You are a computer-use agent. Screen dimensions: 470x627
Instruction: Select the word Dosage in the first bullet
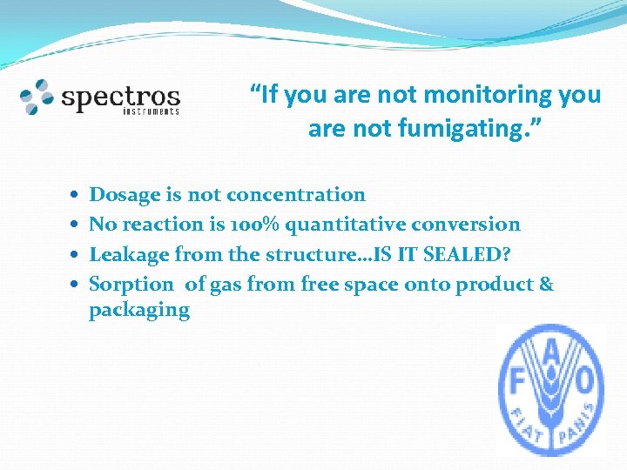coord(125,195)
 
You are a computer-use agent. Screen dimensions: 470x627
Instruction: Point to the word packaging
coord(139,311)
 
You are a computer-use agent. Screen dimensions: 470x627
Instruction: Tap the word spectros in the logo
coord(120,97)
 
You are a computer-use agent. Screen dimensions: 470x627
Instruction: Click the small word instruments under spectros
coord(151,111)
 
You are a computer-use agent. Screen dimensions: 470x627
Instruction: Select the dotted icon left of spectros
coord(37,97)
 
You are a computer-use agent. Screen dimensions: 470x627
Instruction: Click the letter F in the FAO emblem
coord(515,380)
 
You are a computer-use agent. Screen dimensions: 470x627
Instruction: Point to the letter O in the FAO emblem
coord(585,380)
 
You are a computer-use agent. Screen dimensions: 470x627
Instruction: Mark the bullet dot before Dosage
coord(76,196)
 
